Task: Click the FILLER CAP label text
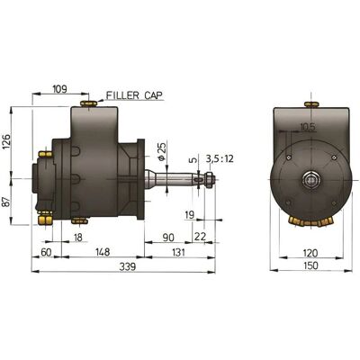134,95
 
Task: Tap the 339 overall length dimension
128,266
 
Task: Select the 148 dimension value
103,252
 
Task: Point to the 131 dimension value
178,252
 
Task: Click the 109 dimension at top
60,89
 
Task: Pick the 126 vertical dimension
6,142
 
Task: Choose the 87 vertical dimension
6,202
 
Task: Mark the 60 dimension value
46,252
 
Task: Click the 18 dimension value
77,238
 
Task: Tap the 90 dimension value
168,238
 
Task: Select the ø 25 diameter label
161,152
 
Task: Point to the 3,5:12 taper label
220,158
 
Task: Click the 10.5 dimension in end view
308,128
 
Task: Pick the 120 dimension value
310,253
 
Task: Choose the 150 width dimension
310,265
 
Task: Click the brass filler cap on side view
88,103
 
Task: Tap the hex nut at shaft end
210,179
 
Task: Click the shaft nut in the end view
311,180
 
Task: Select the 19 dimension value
190,215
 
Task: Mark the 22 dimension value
200,237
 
